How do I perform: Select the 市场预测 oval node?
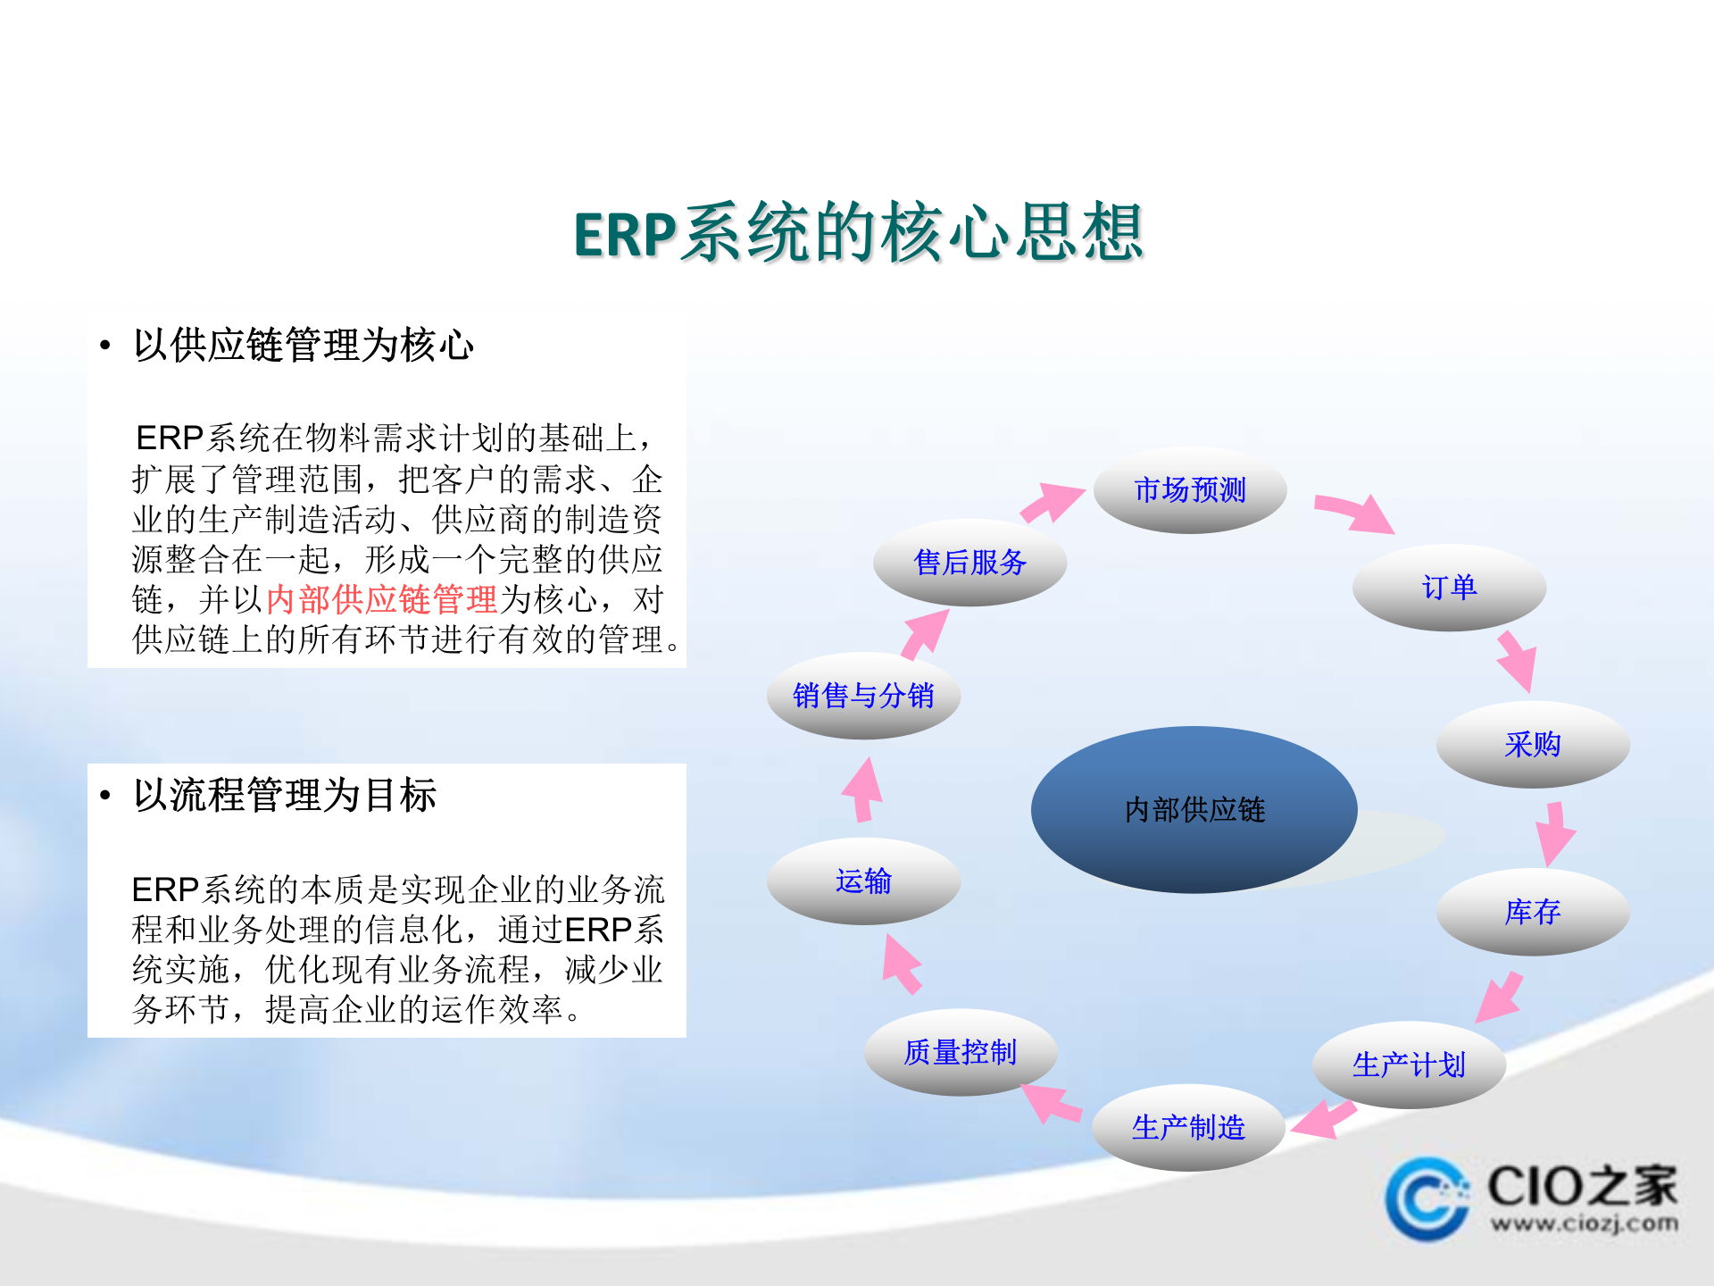pos(1189,490)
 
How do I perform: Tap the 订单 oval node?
pos(1448,588)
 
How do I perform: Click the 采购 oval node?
pos(1532,744)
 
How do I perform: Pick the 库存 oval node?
pos(1532,912)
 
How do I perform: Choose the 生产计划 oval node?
pos(1408,1065)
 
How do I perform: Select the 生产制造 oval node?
pos(1187,1128)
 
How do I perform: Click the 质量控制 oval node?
pos(960,1052)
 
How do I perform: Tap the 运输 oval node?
pos(862,881)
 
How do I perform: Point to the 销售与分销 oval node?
pos(862,695)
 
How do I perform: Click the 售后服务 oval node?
pos(969,563)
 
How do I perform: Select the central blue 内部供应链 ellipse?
pos(1194,809)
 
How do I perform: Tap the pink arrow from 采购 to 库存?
pos(1554,832)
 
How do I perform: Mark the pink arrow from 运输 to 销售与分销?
pos(863,789)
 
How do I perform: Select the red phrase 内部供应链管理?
pos(381,599)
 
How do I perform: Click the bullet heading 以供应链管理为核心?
pos(304,346)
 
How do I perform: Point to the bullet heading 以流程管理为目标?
pos(285,795)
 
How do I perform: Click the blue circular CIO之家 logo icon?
pos(1426,1199)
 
